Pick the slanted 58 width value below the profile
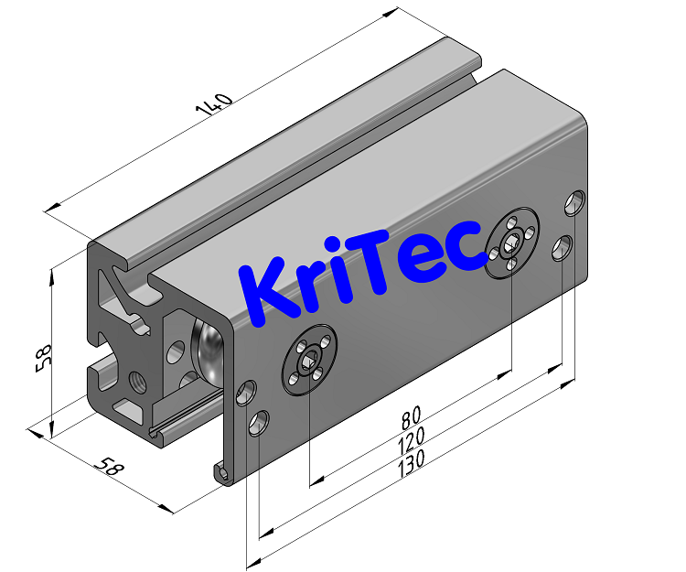pos(109,467)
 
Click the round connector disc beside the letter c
pos(513,244)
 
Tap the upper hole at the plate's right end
pos(575,202)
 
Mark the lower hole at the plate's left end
pos(259,425)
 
